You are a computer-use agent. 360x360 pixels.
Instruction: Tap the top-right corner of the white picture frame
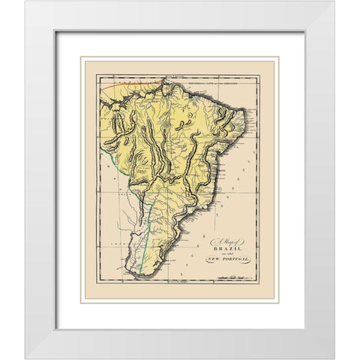(x=334, y=1)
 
